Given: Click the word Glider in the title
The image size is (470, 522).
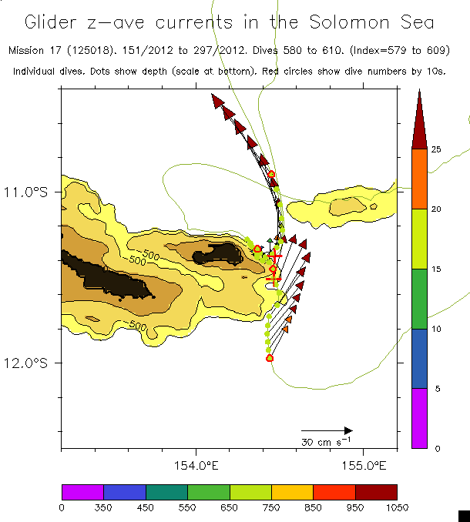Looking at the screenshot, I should (58, 22).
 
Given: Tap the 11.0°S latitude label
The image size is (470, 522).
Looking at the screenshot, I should (35, 192).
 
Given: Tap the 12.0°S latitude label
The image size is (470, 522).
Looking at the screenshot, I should (35, 363).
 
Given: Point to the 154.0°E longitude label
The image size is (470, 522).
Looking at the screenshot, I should (196, 465).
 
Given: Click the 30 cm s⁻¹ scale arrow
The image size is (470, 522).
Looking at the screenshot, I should (327, 430).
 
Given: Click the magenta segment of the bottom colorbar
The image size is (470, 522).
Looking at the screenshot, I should (82, 492).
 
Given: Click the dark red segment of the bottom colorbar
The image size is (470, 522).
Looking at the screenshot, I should (376, 492).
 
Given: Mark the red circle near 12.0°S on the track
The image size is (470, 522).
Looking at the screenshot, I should (270, 358).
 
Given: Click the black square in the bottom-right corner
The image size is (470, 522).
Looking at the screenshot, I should (463, 515).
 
